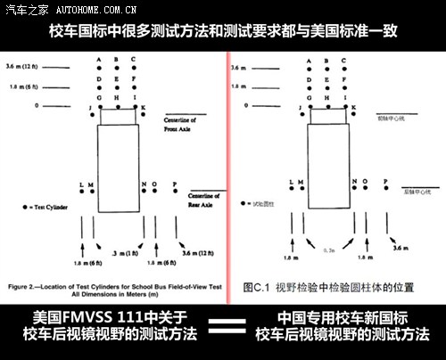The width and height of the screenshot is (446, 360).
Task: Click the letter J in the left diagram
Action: (90, 108)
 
